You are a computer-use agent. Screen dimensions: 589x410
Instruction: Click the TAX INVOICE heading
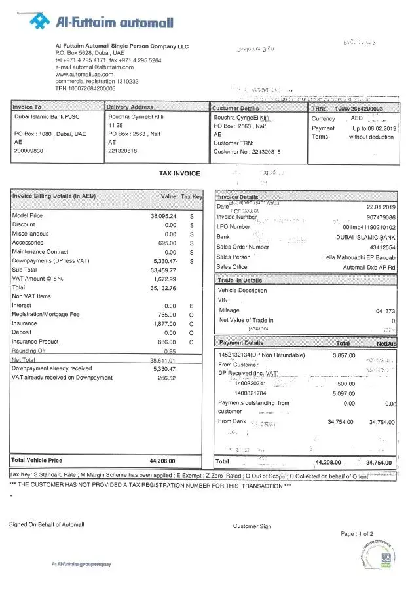[180, 173]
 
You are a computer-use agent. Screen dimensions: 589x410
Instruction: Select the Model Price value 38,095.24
[164, 215]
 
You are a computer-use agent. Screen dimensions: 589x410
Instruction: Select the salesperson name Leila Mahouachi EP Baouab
[360, 257]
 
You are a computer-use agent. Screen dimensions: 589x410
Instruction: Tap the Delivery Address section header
[130, 107]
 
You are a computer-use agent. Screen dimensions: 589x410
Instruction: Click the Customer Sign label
[252, 526]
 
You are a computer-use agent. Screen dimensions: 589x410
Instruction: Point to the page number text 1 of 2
[357, 534]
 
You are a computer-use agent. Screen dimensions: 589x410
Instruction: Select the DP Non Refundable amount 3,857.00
[344, 355]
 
